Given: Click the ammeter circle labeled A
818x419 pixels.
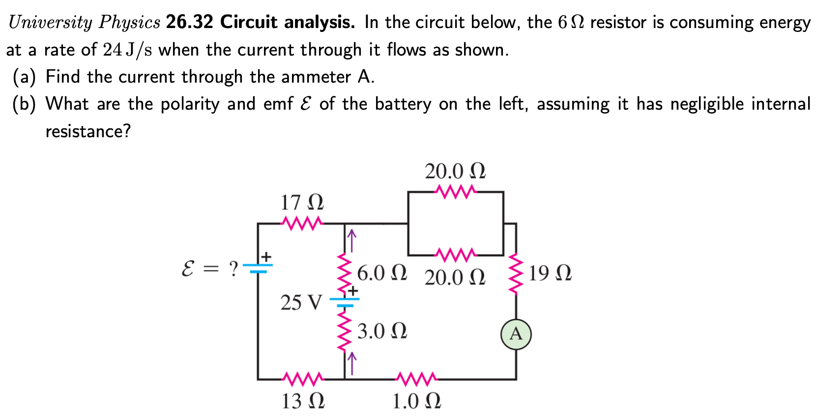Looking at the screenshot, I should tap(516, 334).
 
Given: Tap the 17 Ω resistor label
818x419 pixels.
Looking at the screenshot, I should tap(302, 203).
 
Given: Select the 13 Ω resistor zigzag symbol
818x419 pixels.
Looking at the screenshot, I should tap(302, 379).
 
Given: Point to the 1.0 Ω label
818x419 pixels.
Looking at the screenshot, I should tap(416, 401).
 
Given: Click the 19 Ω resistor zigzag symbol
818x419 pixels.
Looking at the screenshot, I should tap(515, 273).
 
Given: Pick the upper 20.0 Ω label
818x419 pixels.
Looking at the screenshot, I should tap(455, 171).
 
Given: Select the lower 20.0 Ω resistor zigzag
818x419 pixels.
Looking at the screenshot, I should tap(455, 255).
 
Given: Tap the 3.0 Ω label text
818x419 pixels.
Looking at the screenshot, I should tap(382, 331).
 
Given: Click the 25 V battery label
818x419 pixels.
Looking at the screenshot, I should tap(301, 302).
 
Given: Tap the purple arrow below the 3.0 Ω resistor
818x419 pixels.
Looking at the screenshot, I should tap(351, 363).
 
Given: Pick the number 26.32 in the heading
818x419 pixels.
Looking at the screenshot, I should tap(189, 22).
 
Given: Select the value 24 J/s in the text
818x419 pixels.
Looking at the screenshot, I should tap(128, 50).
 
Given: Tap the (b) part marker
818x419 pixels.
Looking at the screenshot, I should tap(24, 104).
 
